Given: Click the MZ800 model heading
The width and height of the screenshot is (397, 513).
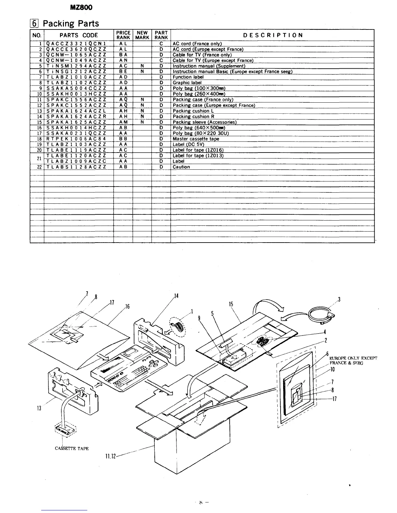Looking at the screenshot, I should [84, 8].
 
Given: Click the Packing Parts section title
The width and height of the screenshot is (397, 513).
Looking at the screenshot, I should [71, 23].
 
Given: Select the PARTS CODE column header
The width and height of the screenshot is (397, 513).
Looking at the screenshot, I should [79, 35].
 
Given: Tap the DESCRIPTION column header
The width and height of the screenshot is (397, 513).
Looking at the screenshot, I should [273, 35].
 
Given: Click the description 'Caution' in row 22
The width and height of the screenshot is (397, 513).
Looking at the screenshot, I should [181, 167].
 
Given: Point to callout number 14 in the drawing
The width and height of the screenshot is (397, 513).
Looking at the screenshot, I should [176, 296].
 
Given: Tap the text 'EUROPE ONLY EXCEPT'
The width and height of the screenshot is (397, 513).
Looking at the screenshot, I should [353, 358].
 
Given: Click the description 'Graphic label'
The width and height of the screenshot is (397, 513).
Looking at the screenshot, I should [187, 83].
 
